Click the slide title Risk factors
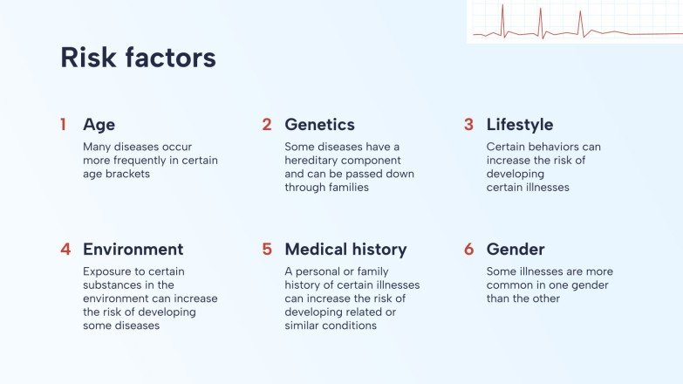(138, 58)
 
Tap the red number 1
(63, 125)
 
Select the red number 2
(267, 125)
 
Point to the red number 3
(468, 125)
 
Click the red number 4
(65, 250)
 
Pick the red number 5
(267, 250)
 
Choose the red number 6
(468, 250)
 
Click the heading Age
(99, 125)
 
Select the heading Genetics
(319, 125)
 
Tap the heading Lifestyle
(520, 125)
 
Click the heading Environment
(133, 250)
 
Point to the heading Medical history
(345, 250)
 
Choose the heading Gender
(516, 250)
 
